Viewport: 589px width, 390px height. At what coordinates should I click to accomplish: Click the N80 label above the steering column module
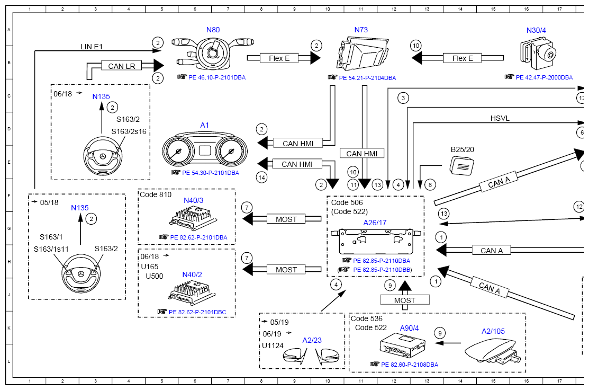[213, 30]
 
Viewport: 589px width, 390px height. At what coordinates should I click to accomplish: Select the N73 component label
[361, 30]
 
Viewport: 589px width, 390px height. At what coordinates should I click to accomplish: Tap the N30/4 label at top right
[537, 30]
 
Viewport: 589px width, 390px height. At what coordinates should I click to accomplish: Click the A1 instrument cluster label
[205, 125]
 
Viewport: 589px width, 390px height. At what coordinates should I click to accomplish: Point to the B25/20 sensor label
[463, 149]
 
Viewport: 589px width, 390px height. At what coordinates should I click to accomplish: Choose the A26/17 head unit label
[375, 223]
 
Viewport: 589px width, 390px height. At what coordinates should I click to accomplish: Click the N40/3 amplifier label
[194, 200]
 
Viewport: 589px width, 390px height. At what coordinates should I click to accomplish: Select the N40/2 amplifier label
[192, 274]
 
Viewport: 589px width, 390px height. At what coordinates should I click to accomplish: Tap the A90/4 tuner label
[409, 328]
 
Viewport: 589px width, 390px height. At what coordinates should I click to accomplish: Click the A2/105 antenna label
[493, 331]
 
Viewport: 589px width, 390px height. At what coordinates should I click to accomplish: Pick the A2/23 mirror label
[312, 340]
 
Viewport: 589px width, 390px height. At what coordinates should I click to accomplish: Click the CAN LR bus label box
[122, 66]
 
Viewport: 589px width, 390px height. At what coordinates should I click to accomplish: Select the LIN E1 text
[91, 47]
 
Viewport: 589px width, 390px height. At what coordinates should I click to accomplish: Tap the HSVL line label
[500, 118]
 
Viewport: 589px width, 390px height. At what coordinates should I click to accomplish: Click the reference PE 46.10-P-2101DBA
[215, 77]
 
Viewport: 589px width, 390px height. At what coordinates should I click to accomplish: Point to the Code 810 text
[156, 194]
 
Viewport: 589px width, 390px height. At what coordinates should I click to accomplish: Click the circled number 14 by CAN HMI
[261, 178]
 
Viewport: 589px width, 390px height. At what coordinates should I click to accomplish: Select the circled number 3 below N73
[403, 97]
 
